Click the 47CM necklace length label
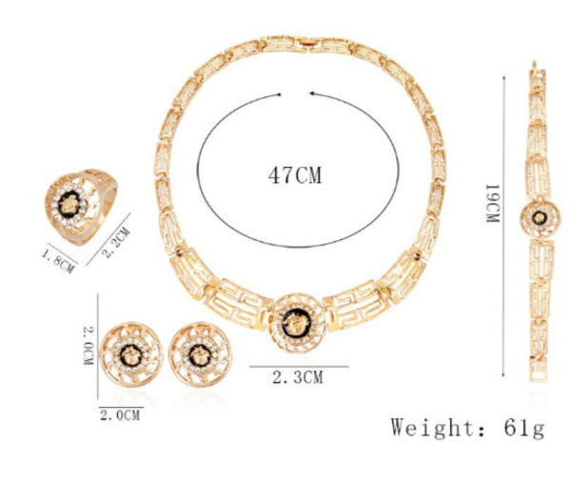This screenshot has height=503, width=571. (295, 175)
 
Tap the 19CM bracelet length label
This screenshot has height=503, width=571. (493, 203)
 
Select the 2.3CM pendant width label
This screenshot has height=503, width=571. (298, 377)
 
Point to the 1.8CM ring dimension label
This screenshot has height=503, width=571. (59, 260)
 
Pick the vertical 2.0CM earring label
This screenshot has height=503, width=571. (89, 345)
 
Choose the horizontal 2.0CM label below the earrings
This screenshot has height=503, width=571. (120, 415)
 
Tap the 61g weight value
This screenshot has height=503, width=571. (524, 427)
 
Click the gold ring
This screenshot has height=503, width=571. (81, 206)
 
